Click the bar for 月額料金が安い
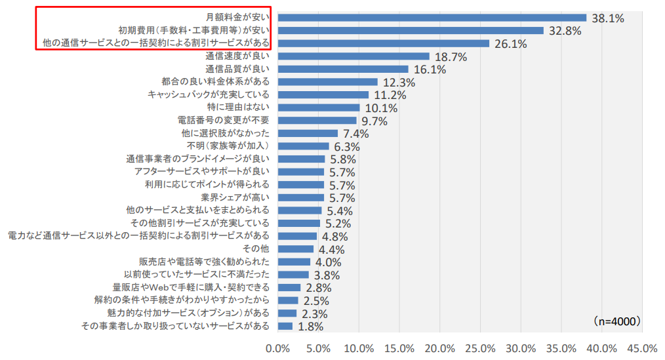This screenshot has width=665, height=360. (432, 18)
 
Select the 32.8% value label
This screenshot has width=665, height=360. (564, 31)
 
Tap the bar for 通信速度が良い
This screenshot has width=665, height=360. (354, 56)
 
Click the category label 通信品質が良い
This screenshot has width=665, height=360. (237, 69)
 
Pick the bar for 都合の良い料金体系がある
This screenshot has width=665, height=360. (328, 82)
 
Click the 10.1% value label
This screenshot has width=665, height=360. (380, 108)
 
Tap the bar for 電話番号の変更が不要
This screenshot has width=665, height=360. (317, 121)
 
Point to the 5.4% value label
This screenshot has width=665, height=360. (340, 211)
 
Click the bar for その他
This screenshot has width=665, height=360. (296, 249)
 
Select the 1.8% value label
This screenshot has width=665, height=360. (311, 327)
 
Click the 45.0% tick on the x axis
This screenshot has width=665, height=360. (642, 348)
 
